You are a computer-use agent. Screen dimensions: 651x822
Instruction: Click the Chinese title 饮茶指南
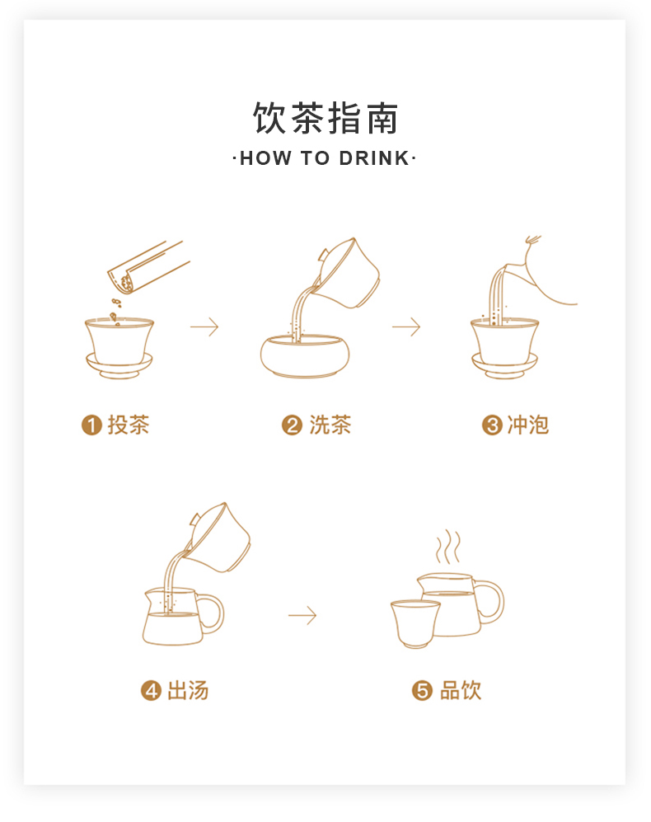point(325,119)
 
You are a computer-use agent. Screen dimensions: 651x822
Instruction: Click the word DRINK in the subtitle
point(374,158)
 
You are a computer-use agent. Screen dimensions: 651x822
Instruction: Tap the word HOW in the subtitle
point(265,158)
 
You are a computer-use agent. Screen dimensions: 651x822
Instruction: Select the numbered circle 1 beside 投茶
point(91,425)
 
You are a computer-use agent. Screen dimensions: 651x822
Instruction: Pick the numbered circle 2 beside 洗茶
point(292,425)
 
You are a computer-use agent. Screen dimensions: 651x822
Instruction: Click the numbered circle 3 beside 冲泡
point(492,425)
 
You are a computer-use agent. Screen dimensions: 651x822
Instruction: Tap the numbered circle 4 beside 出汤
point(151,690)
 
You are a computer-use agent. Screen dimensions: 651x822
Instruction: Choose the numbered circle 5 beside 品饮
point(422,690)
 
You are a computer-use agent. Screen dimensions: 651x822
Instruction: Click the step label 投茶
point(129,425)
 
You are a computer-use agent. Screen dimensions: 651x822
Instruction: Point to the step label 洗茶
point(330,425)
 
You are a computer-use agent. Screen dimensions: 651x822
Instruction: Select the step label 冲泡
point(528,425)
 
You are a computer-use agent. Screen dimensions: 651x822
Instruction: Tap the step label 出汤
point(188,690)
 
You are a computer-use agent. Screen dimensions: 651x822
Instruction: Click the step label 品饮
point(460,690)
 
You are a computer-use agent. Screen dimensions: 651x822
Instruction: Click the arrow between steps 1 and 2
point(204,326)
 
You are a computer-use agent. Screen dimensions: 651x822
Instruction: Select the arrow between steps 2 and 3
point(406,326)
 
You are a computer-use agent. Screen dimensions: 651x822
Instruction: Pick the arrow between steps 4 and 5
point(302,615)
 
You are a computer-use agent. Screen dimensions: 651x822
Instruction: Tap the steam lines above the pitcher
point(448,547)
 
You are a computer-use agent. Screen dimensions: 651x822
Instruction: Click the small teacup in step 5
point(415,624)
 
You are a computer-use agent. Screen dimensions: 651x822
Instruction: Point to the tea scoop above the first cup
point(148,267)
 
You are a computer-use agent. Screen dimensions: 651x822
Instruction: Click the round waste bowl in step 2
point(305,356)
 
